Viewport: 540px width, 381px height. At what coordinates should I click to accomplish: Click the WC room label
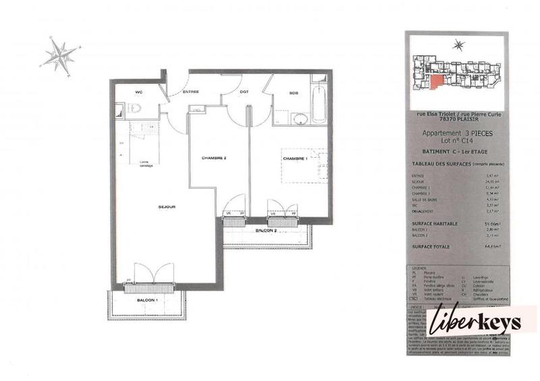pyautogui.click(x=138, y=92)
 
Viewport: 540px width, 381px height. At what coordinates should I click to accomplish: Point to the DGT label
pyautogui.click(x=245, y=92)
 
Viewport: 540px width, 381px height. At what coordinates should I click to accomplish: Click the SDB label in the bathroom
pyautogui.click(x=294, y=92)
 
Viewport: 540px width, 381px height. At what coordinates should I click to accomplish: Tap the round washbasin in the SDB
pyautogui.click(x=300, y=119)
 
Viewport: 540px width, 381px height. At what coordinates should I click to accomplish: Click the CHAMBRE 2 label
pyautogui.click(x=213, y=158)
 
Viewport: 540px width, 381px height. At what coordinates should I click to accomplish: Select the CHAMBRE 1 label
pyautogui.click(x=295, y=158)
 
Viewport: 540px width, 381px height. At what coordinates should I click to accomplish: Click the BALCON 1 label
pyautogui.click(x=147, y=299)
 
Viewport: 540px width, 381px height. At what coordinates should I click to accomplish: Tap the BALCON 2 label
pyautogui.click(x=266, y=231)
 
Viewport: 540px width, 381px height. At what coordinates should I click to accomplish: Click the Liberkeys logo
pyautogui.click(x=481, y=322)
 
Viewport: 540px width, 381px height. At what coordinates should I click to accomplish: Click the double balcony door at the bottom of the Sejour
pyautogui.click(x=148, y=277)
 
